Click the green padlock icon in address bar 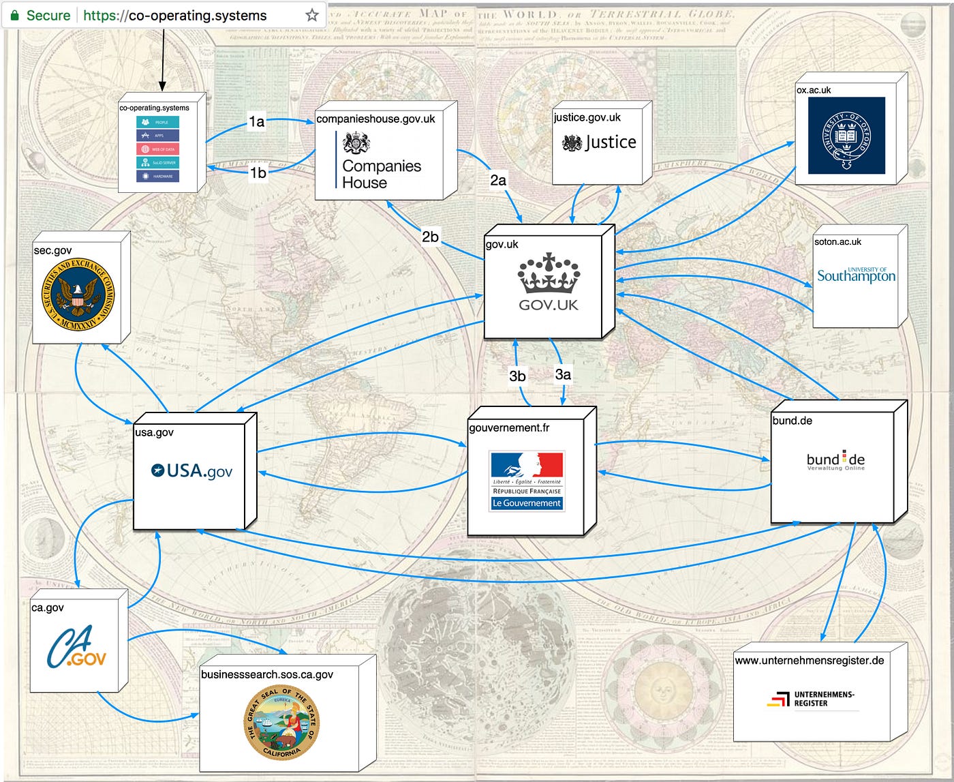14,15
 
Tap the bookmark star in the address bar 311,15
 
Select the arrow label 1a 256,121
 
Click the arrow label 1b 258,172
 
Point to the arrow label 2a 498,180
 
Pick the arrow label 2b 430,237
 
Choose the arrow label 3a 563,374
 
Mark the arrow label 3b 517,376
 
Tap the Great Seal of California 281,723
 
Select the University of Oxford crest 846,136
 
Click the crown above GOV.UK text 549,273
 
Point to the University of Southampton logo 856,275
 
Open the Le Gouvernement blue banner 527,503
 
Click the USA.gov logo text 191,470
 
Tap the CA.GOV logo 76,648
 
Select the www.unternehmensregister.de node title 809,660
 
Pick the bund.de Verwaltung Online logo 835,460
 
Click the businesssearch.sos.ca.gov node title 267,674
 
